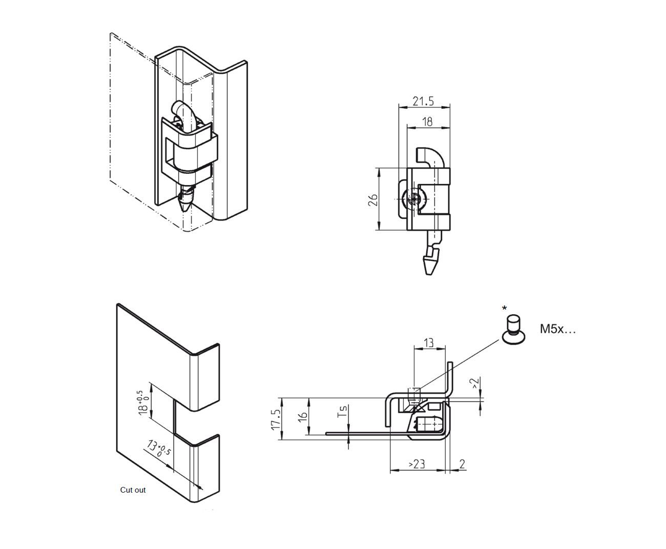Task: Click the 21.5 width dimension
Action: pyautogui.click(x=423, y=101)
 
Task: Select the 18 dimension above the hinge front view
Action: pyautogui.click(x=427, y=121)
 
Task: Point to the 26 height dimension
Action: pyautogui.click(x=373, y=199)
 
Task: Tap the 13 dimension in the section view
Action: pyautogui.click(x=429, y=342)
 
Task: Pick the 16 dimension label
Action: pyautogui.click(x=303, y=418)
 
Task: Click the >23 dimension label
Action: pyautogui.click(x=417, y=464)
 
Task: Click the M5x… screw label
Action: pyautogui.click(x=557, y=329)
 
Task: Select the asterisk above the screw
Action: pyautogui.click(x=505, y=309)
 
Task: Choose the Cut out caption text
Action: pyautogui.click(x=133, y=490)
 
